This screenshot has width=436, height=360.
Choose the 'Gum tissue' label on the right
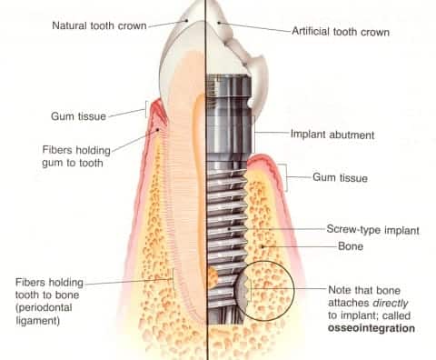[340, 177]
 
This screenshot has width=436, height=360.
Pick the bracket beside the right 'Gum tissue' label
[288, 177]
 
